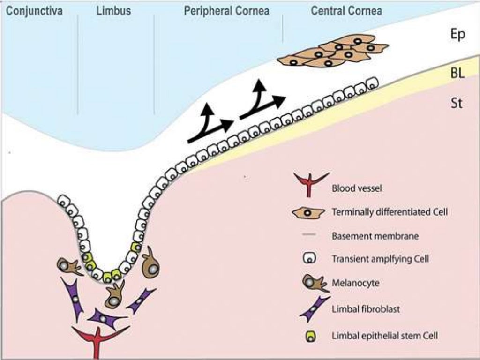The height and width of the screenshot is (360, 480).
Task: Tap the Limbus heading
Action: click(x=113, y=10)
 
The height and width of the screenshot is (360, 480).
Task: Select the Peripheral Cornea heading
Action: click(x=226, y=10)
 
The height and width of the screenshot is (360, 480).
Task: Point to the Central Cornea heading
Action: click(x=346, y=10)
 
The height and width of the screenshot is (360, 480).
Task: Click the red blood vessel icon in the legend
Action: click(x=310, y=184)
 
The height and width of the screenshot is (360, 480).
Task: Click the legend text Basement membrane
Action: click(x=375, y=236)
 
